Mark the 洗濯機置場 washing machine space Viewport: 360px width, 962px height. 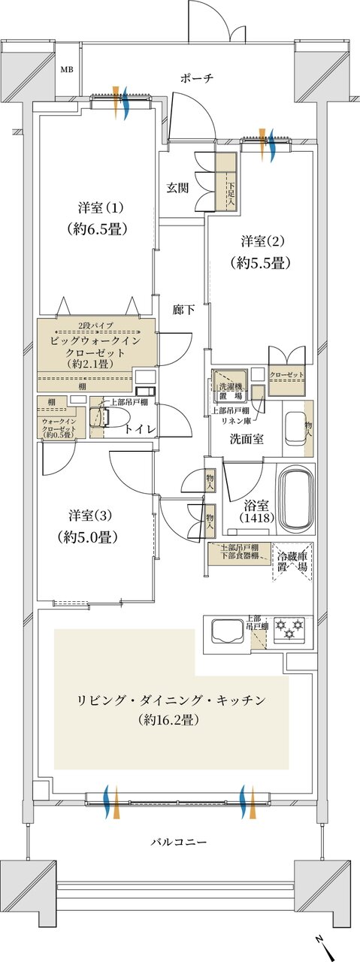pos(231,383)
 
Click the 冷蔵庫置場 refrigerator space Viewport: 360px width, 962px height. pos(292,562)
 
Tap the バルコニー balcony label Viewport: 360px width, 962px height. pos(179,841)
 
